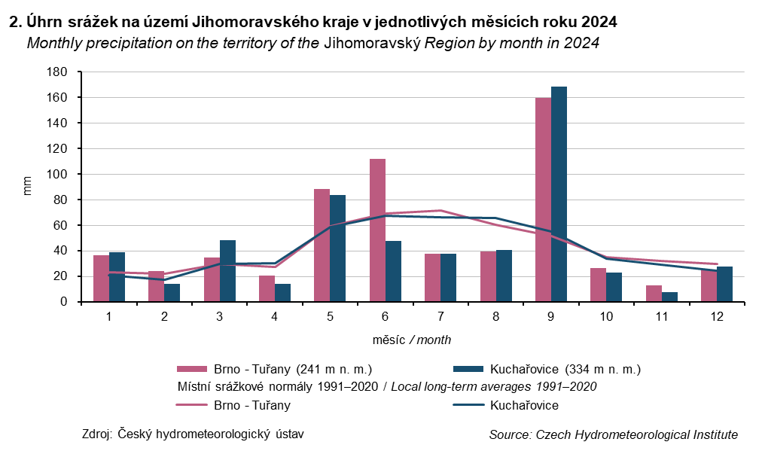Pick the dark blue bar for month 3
click(x=227, y=271)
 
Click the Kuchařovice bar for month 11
click(x=669, y=297)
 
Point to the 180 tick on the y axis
click(x=59, y=72)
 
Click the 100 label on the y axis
click(x=59, y=175)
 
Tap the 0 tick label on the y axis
click(x=66, y=302)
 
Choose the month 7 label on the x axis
click(x=440, y=317)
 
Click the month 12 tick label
click(x=716, y=317)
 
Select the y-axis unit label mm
click(x=29, y=187)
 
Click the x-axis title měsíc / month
click(x=412, y=340)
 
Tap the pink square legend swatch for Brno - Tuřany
click(x=192, y=369)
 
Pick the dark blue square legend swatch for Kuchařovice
click(x=468, y=369)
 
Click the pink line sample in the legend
click(x=192, y=405)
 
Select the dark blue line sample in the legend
click(x=468, y=405)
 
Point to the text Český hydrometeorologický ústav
click(x=212, y=434)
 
